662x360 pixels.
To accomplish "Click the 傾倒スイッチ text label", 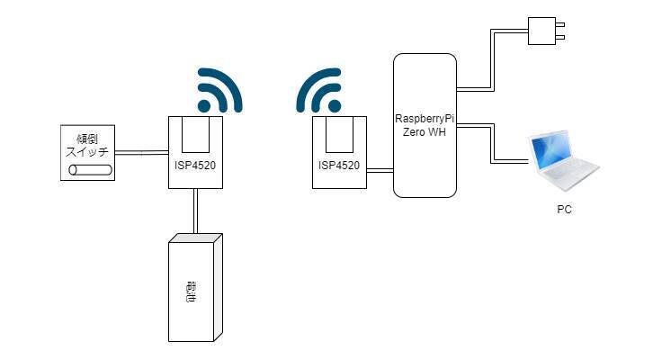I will coord(86,145).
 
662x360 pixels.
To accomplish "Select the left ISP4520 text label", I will coord(195,166).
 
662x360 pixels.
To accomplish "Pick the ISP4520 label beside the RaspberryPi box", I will coord(338,166).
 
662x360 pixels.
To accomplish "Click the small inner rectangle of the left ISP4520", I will coord(195,134).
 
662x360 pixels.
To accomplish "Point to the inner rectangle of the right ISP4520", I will coord(339,134).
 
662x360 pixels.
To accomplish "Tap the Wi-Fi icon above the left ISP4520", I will coord(219,90).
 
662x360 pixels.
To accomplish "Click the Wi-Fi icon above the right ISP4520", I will coord(319,90).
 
